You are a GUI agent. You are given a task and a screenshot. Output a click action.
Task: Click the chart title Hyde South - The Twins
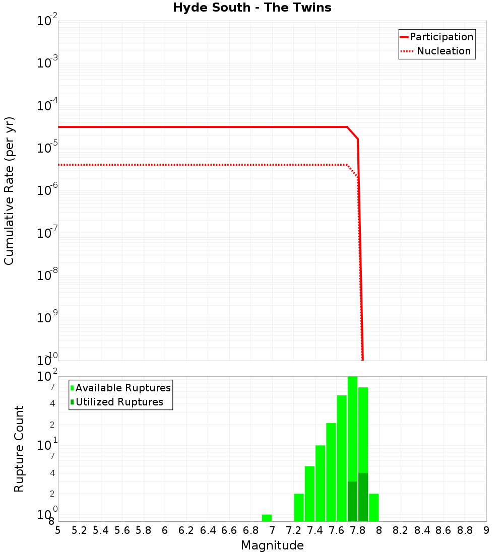pos(252,8)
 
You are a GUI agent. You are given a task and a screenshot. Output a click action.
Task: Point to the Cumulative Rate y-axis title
pos(9,190)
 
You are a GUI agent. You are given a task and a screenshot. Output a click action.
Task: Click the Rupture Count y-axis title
pos(19,448)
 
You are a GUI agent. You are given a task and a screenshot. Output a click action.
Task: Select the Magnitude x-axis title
pos(272,545)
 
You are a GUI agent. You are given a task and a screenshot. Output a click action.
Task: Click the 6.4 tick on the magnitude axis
pos(208,530)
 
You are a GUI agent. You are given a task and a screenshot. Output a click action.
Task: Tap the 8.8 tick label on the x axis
pos(465,530)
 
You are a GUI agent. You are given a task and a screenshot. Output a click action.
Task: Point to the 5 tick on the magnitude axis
pos(58,530)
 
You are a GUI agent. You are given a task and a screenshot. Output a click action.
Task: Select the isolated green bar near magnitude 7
pos(267,518)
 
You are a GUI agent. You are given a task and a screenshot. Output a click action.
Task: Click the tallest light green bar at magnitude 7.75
pos(352,428)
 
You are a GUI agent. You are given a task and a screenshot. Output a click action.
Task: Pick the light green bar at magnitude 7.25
pos(299,507)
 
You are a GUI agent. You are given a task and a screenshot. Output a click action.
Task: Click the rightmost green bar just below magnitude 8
pos(374,507)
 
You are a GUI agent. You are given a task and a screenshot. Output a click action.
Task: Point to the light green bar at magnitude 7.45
pos(320,483)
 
